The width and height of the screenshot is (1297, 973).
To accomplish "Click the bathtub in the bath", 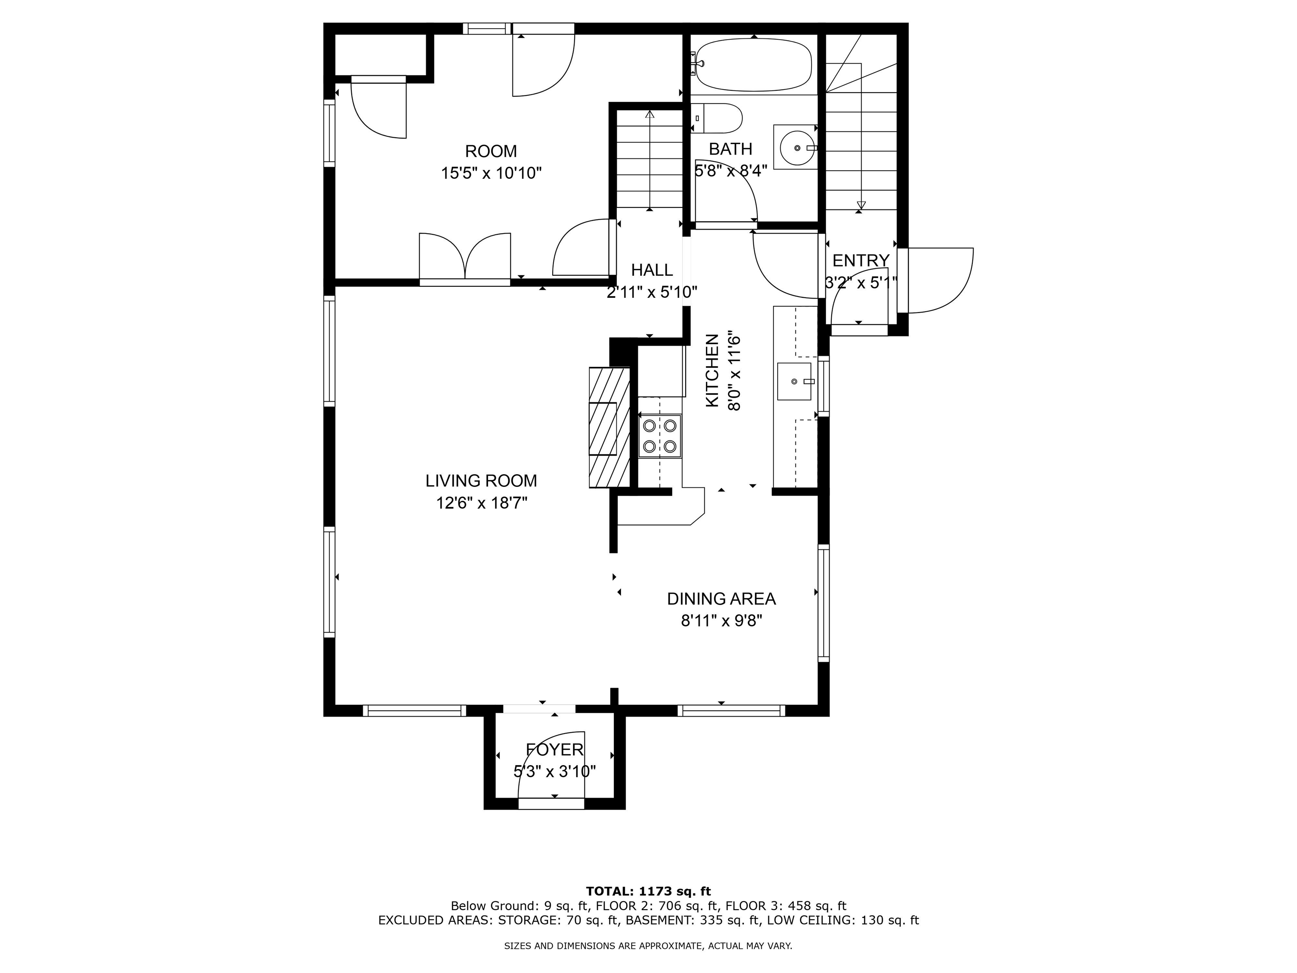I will pyautogui.click(x=754, y=65).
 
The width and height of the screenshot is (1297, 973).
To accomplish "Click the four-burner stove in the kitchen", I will pyautogui.click(x=659, y=436).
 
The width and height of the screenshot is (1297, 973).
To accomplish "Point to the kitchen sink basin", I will pyautogui.click(x=794, y=381).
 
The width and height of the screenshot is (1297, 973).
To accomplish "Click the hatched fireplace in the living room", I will pyautogui.click(x=609, y=427).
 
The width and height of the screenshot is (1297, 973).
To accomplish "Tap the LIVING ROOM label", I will pyautogui.click(x=481, y=481).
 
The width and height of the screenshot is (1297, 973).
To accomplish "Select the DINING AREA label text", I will pyautogui.click(x=721, y=599).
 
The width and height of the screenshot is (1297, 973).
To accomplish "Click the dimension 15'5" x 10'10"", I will pyautogui.click(x=491, y=173).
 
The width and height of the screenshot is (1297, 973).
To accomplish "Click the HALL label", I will pyautogui.click(x=651, y=270).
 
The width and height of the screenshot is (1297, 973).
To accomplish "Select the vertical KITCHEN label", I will pyautogui.click(x=712, y=371).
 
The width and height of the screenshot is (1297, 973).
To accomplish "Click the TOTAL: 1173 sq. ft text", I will pyautogui.click(x=648, y=891).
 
